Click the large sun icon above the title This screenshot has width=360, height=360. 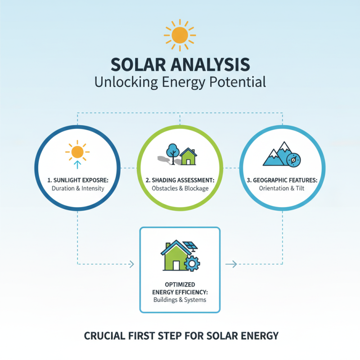pos(180,35)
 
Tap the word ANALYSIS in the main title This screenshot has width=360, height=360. pos(212,64)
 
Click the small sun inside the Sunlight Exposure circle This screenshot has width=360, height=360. pos(77,151)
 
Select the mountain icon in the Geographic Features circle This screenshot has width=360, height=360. pos(276,155)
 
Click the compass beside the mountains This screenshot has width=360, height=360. pos(293,159)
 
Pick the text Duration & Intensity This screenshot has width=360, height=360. pos(78,188)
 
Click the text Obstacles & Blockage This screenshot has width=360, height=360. pos(180,188)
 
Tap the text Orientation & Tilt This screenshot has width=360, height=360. pos(282,188)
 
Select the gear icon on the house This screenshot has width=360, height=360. pos(192,263)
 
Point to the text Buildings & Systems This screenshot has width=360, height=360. pos(180,299)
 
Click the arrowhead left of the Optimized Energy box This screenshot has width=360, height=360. pos(131,264)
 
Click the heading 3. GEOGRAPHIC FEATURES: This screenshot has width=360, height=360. pos(282,180)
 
